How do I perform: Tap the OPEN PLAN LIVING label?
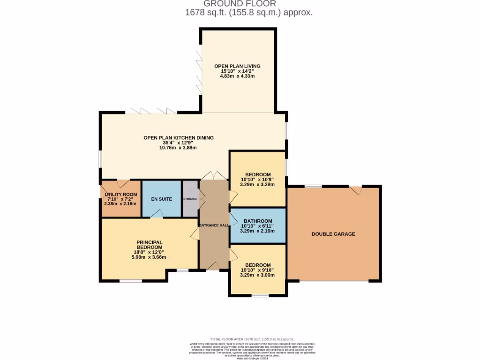pos(237,66)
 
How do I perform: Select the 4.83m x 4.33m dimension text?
pos(237,76)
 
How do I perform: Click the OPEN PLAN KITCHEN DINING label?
pos(178,138)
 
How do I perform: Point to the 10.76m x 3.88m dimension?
pos(178,148)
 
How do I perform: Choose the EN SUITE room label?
pos(161,199)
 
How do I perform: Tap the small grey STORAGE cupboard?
pos(190,199)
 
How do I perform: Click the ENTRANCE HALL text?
pos(214,225)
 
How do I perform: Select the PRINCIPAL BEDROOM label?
pos(150,245)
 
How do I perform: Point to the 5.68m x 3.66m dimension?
pos(150,257)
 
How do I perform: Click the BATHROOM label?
pos(257,221)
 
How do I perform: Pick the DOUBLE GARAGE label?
pos(333,234)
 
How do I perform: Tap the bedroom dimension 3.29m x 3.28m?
pos(257,185)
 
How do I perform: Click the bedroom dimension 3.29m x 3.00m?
pos(257,275)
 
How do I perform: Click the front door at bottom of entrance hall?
pos(213,267)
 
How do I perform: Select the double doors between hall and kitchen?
pos(214,176)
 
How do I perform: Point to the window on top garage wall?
pos(313,187)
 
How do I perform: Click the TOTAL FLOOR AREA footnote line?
pos(252,339)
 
